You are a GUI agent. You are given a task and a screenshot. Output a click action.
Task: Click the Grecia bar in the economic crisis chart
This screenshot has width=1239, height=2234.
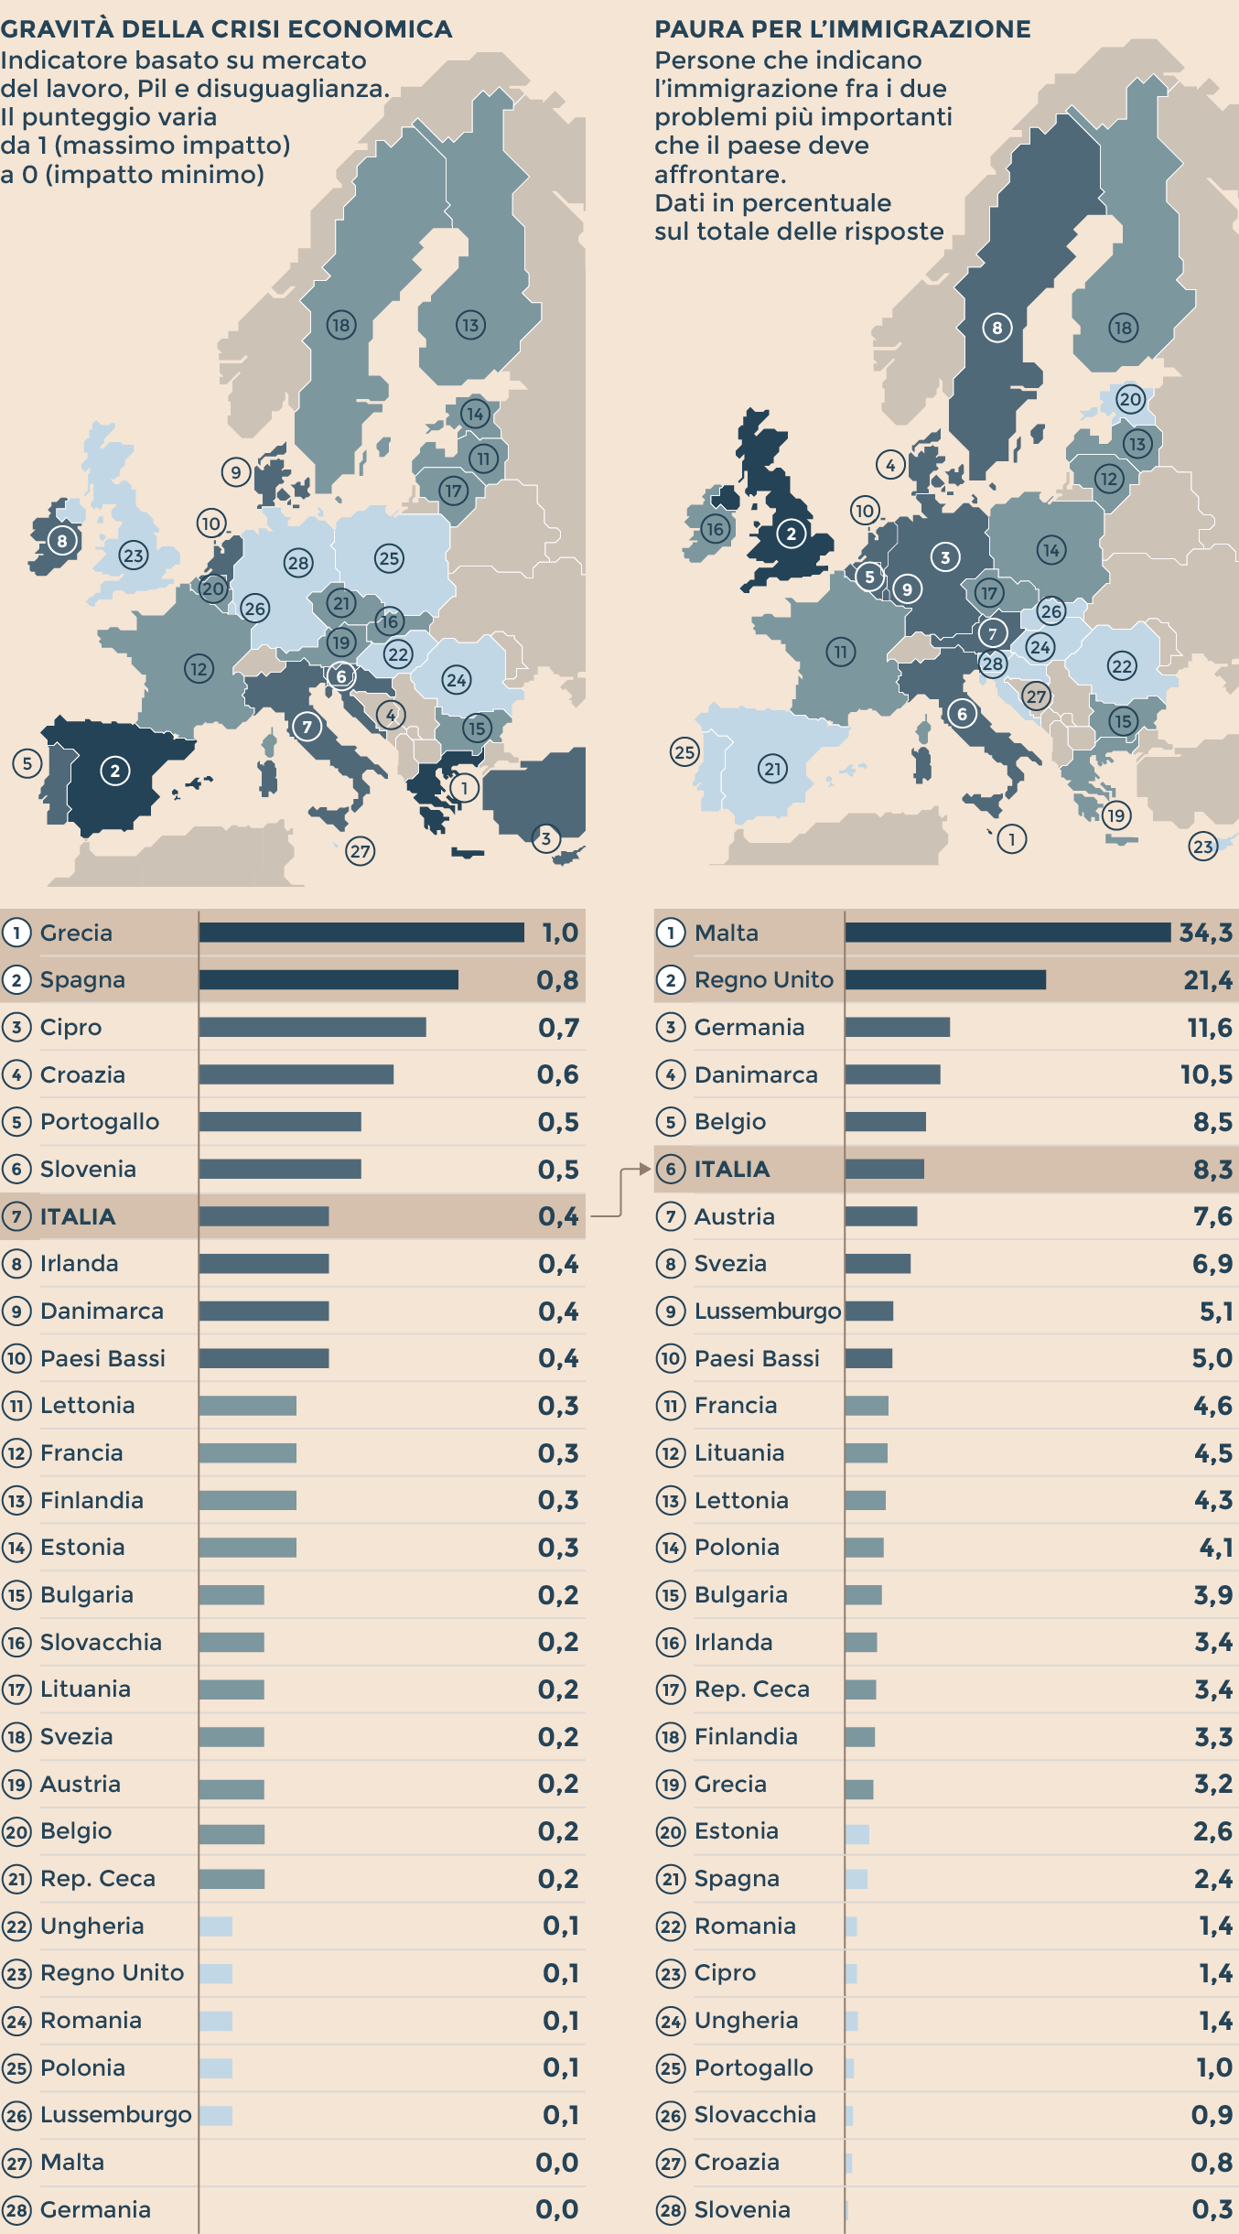tap(361, 932)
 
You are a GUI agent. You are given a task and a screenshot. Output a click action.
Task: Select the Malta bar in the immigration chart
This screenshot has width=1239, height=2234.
tap(1007, 932)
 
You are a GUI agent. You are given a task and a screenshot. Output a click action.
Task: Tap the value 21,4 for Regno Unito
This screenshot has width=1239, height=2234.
tap(1208, 980)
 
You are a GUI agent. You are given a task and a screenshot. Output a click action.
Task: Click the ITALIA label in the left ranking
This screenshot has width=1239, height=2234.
tap(78, 1216)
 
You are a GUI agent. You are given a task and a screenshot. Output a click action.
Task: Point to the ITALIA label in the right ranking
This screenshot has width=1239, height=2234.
tap(732, 1169)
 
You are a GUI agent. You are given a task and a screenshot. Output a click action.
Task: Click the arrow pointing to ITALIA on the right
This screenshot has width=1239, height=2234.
tap(643, 1169)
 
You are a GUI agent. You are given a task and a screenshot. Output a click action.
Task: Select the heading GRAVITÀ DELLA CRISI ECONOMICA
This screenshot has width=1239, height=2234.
tap(226, 29)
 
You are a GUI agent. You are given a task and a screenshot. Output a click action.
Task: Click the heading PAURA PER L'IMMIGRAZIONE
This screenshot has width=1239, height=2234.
tap(842, 29)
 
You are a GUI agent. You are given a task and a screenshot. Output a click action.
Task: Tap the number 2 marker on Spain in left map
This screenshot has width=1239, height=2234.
tap(114, 771)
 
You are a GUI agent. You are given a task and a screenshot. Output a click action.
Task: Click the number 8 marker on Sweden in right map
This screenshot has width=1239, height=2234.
tap(997, 327)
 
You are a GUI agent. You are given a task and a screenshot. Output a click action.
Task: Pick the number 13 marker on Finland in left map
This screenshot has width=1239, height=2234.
tap(470, 324)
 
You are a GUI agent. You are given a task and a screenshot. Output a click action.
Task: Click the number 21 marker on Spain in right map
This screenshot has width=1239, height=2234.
tap(773, 768)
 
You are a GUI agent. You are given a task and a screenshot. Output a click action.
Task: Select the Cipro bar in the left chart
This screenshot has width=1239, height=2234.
tap(312, 1027)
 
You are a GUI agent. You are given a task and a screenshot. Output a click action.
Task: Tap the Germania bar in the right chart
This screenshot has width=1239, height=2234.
tap(897, 1027)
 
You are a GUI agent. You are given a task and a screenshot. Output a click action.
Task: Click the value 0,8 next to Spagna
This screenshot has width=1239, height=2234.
tap(557, 980)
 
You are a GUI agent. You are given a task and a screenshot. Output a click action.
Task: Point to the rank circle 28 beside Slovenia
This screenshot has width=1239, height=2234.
tap(671, 2209)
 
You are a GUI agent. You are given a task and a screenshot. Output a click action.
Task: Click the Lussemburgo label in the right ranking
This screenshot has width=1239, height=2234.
tap(767, 1311)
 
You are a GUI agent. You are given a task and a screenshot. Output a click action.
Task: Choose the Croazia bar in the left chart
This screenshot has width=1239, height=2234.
tap(296, 1074)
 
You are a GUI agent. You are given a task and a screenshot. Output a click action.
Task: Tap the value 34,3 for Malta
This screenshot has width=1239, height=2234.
tap(1205, 933)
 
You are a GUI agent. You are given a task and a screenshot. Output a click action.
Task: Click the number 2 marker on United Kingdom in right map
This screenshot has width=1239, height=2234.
tap(792, 534)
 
